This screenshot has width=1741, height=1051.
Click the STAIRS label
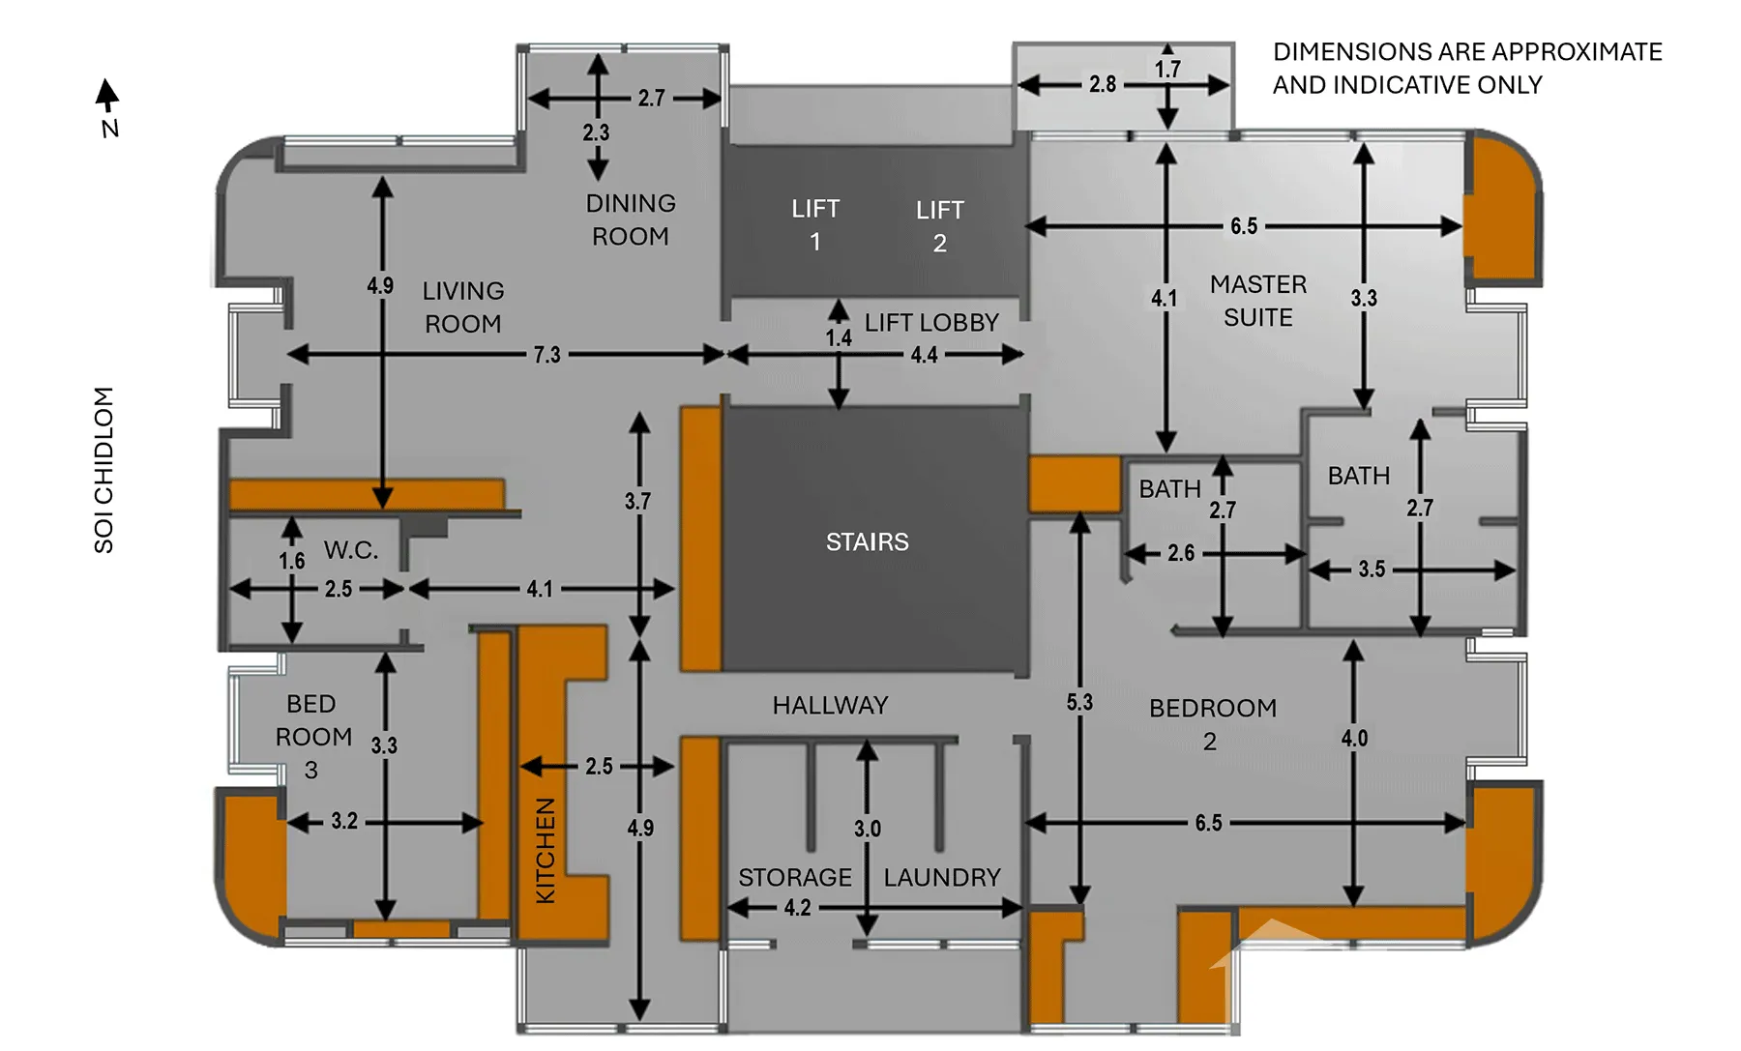click(867, 542)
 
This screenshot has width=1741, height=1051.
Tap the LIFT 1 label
click(815, 225)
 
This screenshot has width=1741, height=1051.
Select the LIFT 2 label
click(940, 226)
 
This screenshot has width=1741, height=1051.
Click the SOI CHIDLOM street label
click(103, 470)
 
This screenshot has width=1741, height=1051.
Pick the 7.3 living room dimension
click(546, 355)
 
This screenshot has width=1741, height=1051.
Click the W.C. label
click(351, 550)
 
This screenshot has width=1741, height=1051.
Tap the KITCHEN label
click(546, 851)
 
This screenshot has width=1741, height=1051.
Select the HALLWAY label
click(830, 706)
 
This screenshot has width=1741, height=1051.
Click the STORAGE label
click(795, 878)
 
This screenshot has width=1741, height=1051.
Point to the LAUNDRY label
click(942, 878)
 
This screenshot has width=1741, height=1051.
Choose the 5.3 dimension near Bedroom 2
click(1079, 703)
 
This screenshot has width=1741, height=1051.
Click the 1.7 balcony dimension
click(1167, 70)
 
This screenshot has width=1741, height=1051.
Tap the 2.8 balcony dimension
click(1103, 84)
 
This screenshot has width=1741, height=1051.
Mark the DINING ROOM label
click(631, 219)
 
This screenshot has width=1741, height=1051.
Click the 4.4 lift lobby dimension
click(924, 355)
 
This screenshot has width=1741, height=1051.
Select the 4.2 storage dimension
click(797, 908)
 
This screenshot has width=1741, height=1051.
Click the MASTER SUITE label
click(1258, 301)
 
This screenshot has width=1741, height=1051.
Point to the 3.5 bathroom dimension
click(1372, 569)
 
